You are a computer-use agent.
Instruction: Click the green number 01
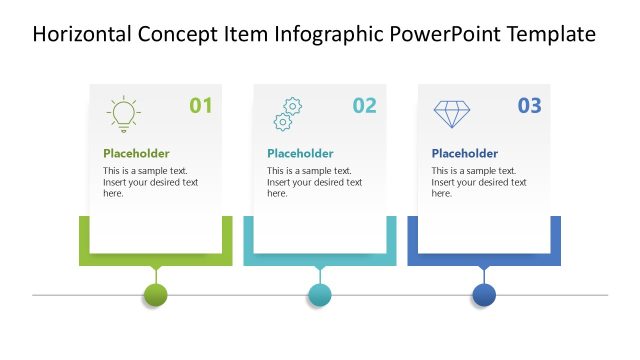tap(201, 105)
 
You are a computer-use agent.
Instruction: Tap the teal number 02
tap(365, 105)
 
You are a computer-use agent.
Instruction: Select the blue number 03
tap(529, 105)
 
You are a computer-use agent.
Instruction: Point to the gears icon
tap(287, 114)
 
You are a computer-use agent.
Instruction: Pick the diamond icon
tap(452, 114)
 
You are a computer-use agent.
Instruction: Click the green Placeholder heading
tap(136, 154)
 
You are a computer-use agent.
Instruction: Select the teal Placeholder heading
tap(300, 154)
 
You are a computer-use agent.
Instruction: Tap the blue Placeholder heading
tap(464, 154)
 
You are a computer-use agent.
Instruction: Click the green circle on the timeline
tap(155, 295)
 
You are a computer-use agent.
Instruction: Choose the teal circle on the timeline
tap(319, 295)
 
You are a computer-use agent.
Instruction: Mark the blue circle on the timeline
tap(484, 295)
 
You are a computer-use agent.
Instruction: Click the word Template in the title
tap(551, 35)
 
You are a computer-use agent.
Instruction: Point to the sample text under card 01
tap(150, 182)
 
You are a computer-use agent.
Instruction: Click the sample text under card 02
tap(314, 182)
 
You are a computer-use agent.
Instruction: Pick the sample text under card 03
tap(478, 182)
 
